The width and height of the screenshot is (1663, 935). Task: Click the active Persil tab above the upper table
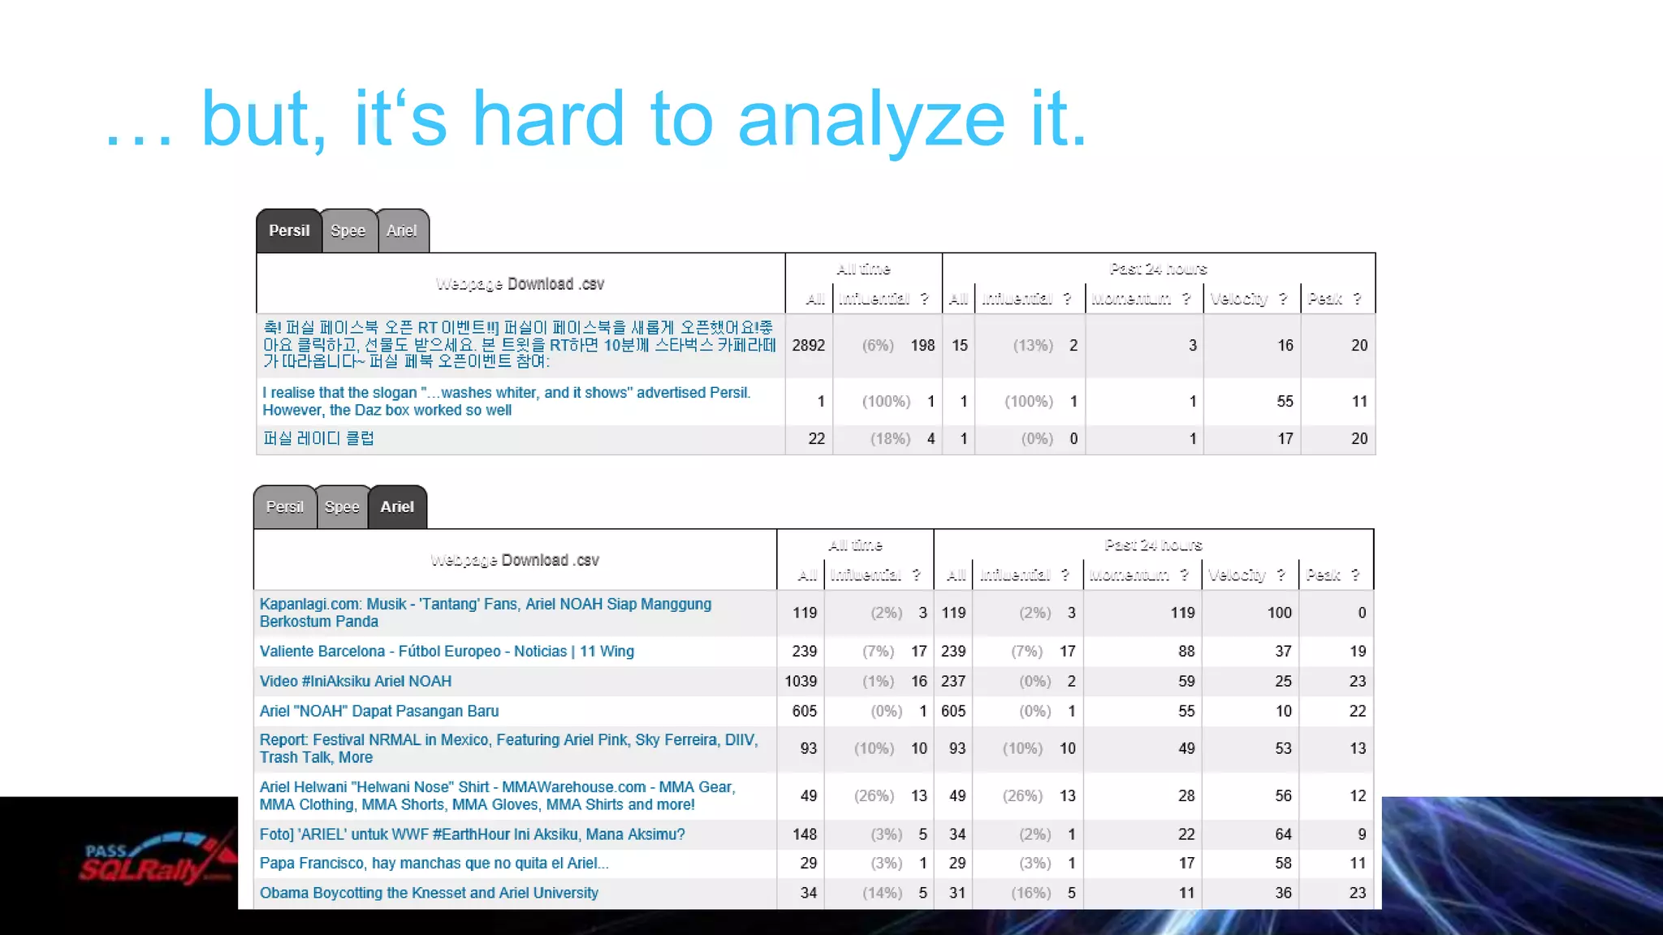(289, 231)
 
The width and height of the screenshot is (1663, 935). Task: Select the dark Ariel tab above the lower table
(397, 507)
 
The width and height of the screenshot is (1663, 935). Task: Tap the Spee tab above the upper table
(348, 231)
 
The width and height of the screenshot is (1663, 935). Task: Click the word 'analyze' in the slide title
(871, 120)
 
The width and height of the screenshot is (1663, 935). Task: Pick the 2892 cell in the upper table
(808, 346)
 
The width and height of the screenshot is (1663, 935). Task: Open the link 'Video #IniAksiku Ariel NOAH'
(356, 682)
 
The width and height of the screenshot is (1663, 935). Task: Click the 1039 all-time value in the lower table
(801, 682)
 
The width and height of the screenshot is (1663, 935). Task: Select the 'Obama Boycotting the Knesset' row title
(429, 894)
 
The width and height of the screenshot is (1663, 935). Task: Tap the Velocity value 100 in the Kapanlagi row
(1279, 613)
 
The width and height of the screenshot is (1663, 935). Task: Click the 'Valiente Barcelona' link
(447, 652)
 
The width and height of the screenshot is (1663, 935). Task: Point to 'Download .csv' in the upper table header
(555, 284)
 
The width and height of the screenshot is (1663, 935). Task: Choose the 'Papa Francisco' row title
(434, 864)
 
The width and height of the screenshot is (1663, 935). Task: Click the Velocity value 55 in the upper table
(1285, 402)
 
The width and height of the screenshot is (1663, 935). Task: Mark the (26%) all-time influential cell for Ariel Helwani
(874, 796)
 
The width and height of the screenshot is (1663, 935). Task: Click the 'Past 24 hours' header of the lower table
(1153, 545)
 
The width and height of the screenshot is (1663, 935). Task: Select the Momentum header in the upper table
(1131, 299)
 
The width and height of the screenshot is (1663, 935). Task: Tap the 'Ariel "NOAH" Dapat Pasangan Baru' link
(379, 712)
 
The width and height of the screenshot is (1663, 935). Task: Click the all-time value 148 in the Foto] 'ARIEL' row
(804, 834)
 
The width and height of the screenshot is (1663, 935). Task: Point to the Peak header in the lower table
(1324, 575)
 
